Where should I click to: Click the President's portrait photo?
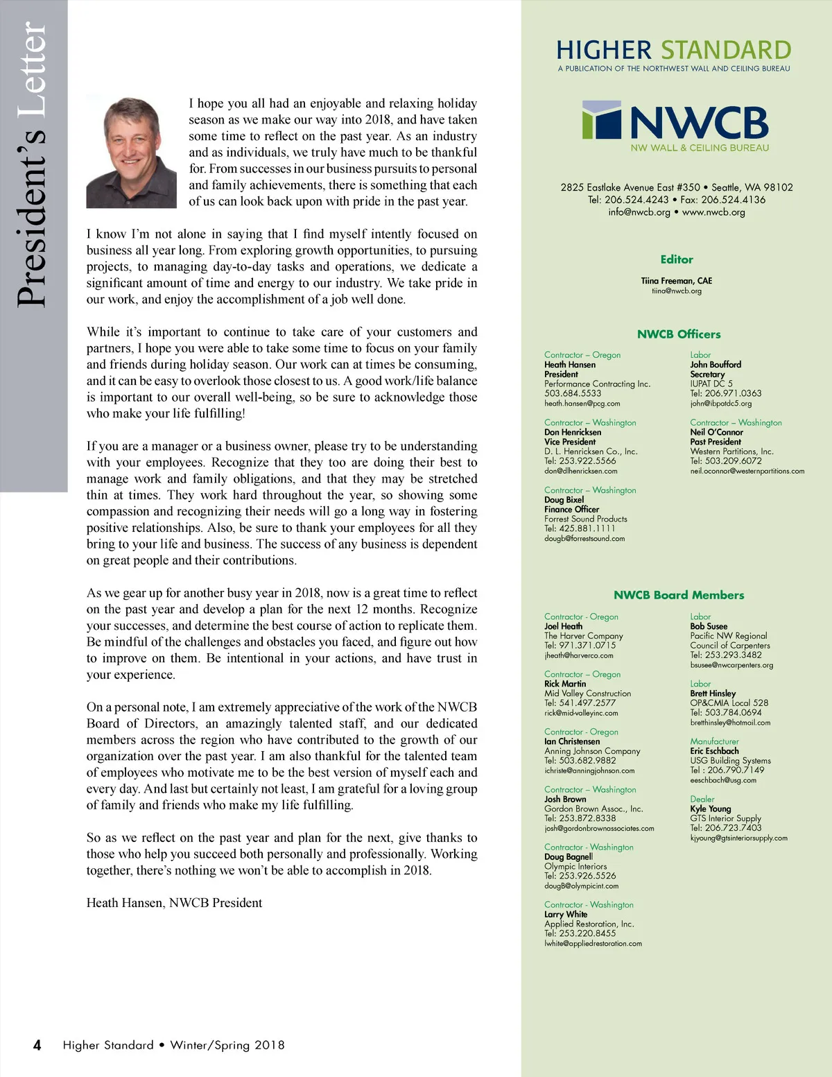(x=131, y=153)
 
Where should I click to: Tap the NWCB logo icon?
(x=602, y=121)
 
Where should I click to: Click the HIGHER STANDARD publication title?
(x=673, y=51)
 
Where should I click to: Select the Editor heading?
(x=677, y=259)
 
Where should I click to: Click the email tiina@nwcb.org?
(x=677, y=291)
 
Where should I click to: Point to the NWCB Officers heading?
(x=679, y=334)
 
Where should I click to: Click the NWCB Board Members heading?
(x=679, y=595)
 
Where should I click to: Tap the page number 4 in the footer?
(x=37, y=1045)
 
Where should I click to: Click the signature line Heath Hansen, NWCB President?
(x=174, y=903)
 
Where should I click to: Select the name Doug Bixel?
(x=564, y=499)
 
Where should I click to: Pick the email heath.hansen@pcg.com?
(x=582, y=403)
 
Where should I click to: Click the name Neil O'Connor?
(x=716, y=432)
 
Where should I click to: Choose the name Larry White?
(x=566, y=914)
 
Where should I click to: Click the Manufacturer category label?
(x=714, y=741)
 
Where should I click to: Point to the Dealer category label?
(x=702, y=799)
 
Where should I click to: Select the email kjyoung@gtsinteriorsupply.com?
(x=738, y=838)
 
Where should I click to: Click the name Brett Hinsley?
(x=713, y=693)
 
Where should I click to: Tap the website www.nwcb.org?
(x=713, y=212)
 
